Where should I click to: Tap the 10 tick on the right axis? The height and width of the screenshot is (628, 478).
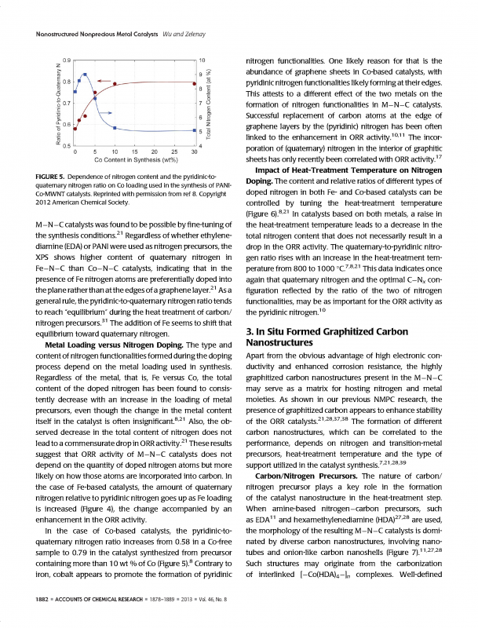coord(203,60)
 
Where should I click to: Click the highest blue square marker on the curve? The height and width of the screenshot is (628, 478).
coord(86,74)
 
